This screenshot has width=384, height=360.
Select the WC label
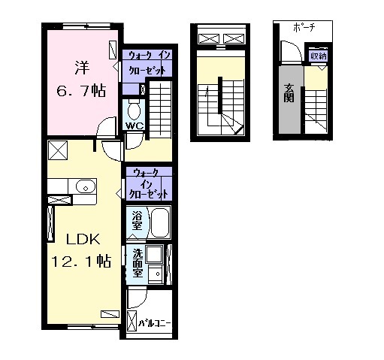135,126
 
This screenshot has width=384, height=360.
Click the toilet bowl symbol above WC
135,108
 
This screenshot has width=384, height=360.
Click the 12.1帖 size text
81,262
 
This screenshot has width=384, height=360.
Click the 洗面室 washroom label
138,263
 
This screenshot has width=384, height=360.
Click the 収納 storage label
319,55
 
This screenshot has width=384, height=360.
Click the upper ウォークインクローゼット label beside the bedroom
148,62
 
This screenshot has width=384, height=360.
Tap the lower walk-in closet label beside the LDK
149,182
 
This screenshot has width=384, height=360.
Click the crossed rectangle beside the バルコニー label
132,324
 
